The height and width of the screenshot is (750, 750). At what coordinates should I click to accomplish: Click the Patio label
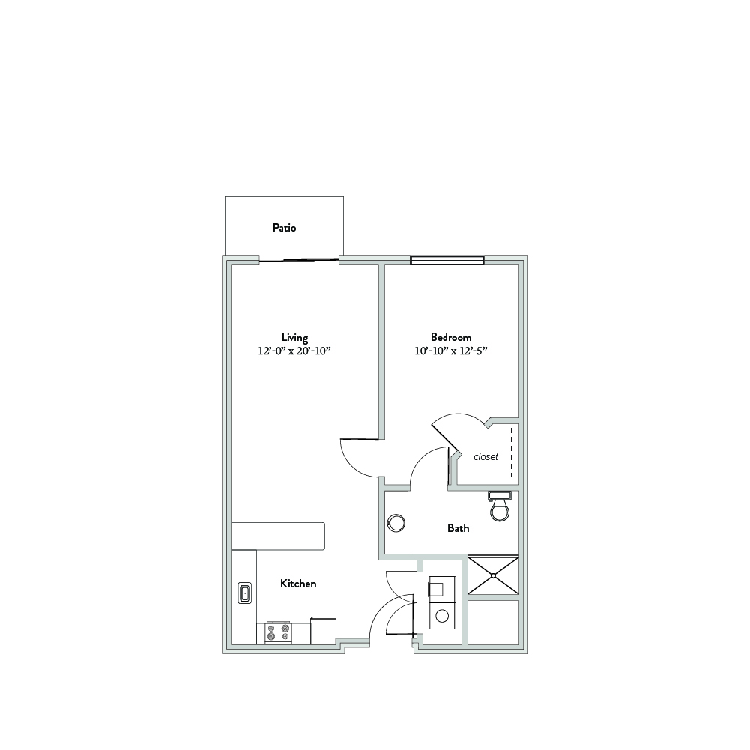[x=284, y=228]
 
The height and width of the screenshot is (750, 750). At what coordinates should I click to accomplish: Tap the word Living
[x=294, y=338]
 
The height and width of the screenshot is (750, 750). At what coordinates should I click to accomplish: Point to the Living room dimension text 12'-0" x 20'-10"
[x=294, y=351]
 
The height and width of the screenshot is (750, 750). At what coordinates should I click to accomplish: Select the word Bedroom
[x=451, y=337]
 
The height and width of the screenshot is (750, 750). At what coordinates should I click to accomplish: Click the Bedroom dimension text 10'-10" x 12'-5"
[x=451, y=351]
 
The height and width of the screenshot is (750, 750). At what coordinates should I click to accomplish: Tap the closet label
[x=486, y=457]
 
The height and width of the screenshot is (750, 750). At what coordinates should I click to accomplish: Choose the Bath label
[x=459, y=528]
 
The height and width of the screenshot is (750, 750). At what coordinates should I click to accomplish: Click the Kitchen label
[x=298, y=584]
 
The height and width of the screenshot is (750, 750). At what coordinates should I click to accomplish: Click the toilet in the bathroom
[x=500, y=506]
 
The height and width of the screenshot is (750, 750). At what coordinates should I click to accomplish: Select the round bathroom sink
[x=396, y=523]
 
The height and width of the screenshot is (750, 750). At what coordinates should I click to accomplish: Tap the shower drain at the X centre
[x=493, y=575]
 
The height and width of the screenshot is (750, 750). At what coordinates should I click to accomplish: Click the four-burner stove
[x=279, y=633]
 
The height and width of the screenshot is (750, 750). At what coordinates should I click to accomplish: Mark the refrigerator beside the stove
[x=324, y=632]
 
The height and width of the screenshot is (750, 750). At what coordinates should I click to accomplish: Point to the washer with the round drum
[x=443, y=614]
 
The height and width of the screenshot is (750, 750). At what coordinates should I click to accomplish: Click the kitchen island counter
[x=278, y=536]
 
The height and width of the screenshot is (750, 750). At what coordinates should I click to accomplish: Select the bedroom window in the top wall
[x=447, y=261]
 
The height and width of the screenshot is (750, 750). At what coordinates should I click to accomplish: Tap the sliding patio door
[x=299, y=261]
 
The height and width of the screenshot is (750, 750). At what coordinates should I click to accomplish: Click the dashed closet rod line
[x=511, y=453]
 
